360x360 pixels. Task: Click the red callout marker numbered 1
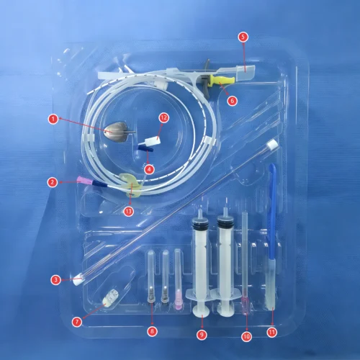click(x=53, y=117)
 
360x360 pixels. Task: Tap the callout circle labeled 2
click(x=52, y=182)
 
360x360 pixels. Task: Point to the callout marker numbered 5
click(x=243, y=35)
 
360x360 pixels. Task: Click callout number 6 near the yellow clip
click(x=232, y=101)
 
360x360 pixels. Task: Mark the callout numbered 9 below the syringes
click(x=202, y=334)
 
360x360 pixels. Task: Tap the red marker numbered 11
click(x=271, y=332)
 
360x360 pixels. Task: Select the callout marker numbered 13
click(x=129, y=211)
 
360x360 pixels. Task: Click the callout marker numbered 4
click(x=150, y=169)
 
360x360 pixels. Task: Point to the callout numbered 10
click(x=246, y=334)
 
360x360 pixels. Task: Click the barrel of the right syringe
click(x=225, y=252)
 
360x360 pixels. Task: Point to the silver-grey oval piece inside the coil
click(x=115, y=132)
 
